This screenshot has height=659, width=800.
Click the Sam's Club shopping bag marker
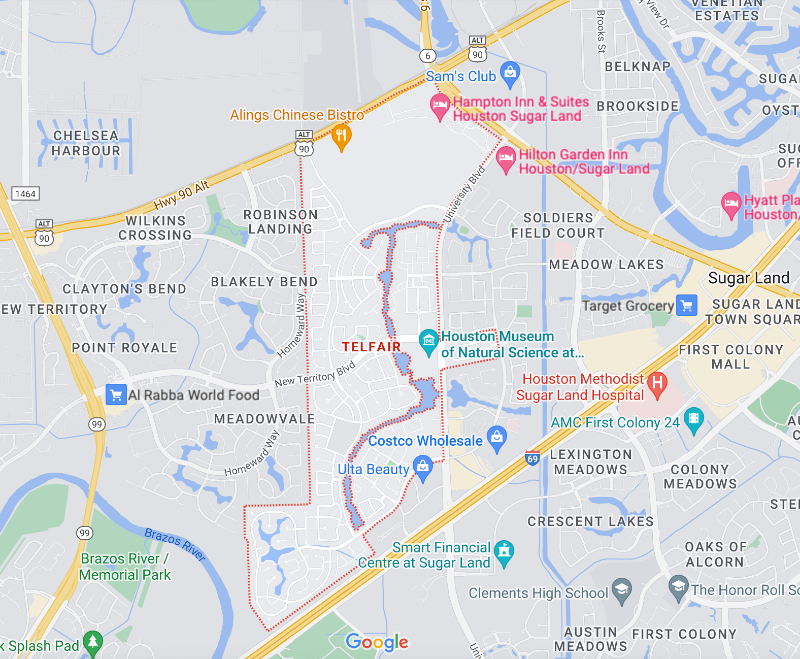coord(510,73)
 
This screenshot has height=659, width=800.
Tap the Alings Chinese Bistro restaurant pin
coord(341,136)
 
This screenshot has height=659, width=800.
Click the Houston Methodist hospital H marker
coord(657,383)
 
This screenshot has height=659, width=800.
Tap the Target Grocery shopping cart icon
coord(687,306)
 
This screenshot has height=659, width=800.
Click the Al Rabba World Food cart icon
coord(116,394)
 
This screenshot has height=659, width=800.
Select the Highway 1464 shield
coord(25,194)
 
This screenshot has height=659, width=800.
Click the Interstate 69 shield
coord(532,458)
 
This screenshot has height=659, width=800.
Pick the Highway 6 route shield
coord(428,56)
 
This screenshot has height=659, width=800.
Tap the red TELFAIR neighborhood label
coord(371,347)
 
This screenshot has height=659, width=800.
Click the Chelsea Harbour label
coord(86,143)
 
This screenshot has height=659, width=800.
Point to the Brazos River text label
coord(175,544)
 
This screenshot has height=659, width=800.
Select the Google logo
coord(377,642)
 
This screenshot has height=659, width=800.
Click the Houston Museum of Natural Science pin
coord(428,340)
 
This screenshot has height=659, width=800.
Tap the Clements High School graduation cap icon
coord(621,590)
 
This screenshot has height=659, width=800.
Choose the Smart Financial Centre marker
coord(504,551)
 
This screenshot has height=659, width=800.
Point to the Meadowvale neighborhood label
coord(264,419)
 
